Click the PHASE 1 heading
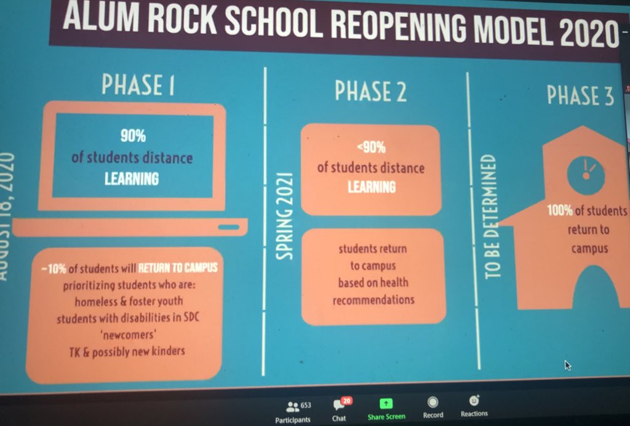pos(138,86)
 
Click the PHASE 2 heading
pos(370,92)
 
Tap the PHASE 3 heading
pos(580,96)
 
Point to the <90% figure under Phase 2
pos(370,148)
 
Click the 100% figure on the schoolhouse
pos(559,211)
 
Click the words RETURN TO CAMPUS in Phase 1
pos(178,269)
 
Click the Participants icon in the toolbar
pos(292,407)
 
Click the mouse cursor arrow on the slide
pos(567,365)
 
